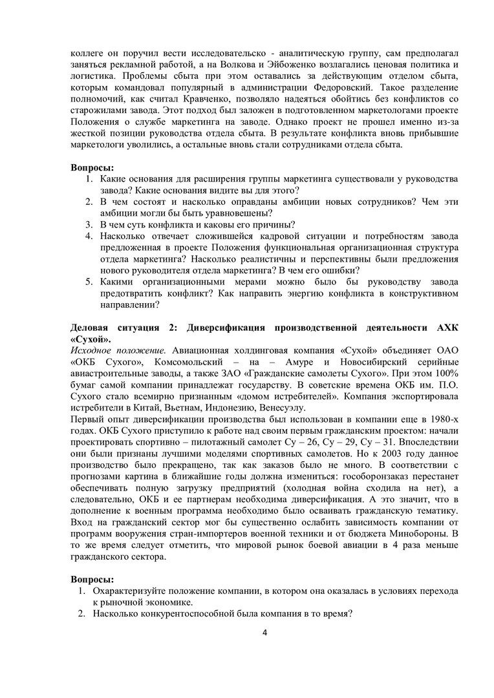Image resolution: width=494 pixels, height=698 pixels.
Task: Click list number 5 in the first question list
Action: click(90, 282)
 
